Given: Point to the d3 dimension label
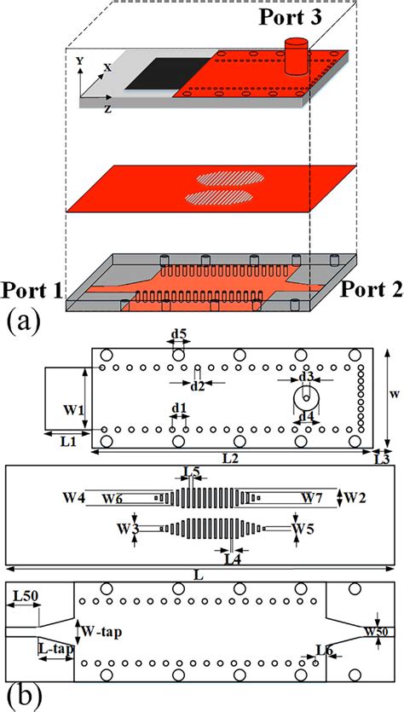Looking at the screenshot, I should click(x=305, y=376).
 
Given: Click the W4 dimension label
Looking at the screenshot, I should click(x=73, y=497).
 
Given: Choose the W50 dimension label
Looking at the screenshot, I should click(x=377, y=632).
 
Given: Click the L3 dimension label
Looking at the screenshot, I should click(x=383, y=459).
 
